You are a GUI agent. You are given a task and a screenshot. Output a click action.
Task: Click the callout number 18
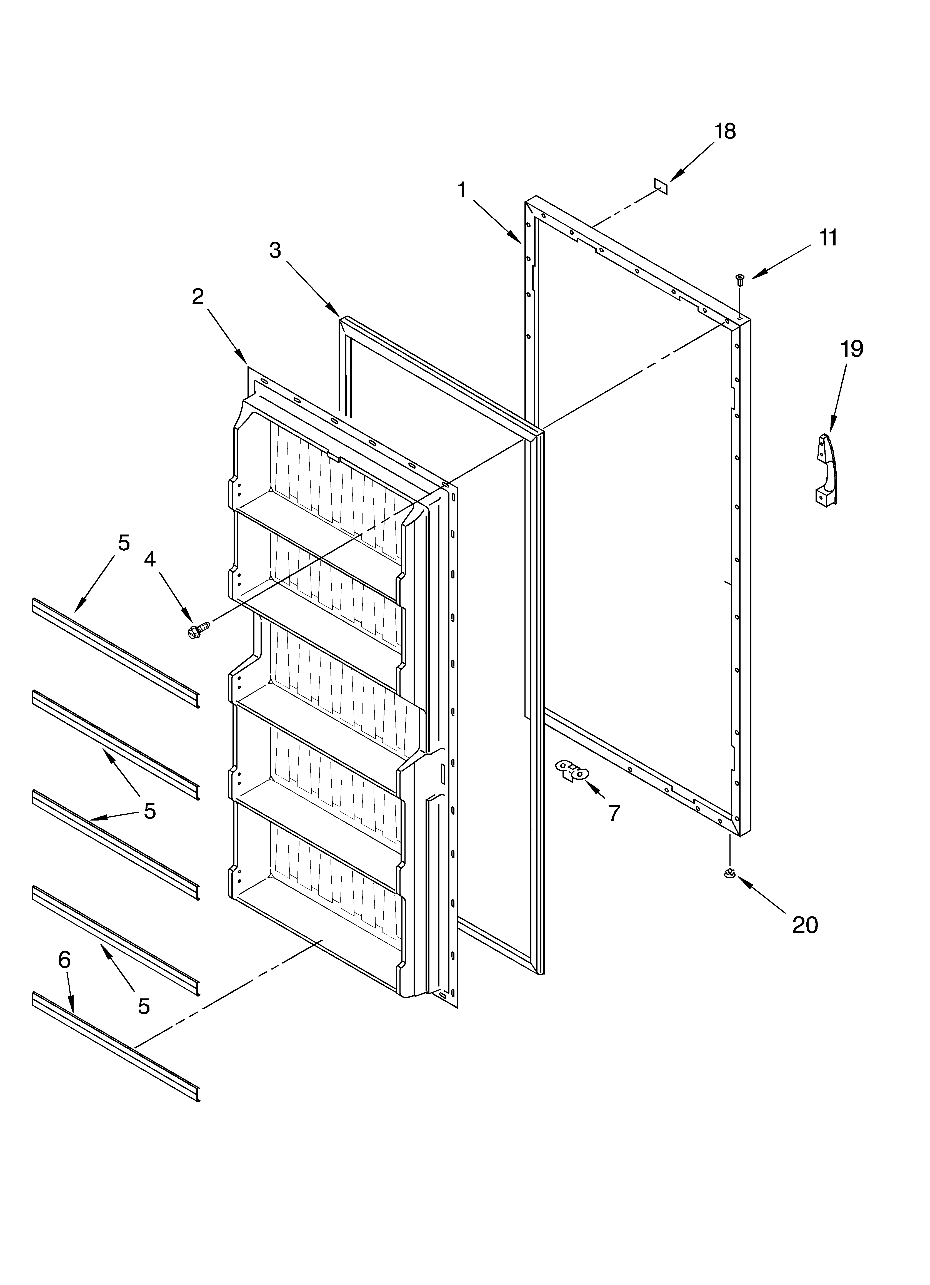(x=725, y=131)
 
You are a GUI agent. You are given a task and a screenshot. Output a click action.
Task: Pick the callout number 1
(x=462, y=190)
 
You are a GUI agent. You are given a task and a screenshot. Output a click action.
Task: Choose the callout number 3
(x=275, y=250)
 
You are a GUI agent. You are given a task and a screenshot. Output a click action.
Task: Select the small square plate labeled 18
(x=660, y=186)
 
